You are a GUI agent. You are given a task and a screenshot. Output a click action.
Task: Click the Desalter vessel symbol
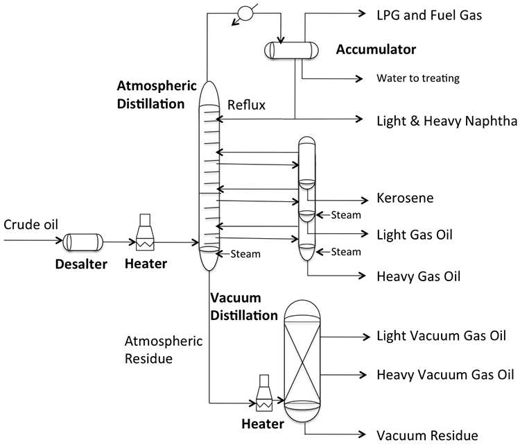[x=83, y=242]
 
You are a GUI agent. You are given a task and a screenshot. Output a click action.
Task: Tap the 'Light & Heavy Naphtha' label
[x=447, y=121]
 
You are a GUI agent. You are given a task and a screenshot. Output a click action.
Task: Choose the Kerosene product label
[x=405, y=198]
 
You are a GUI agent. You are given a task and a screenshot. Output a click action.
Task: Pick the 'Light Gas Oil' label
[x=415, y=234]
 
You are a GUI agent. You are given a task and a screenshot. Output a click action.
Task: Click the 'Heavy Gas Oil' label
[x=418, y=276]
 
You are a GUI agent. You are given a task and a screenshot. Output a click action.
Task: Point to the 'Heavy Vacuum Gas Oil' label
[x=445, y=375]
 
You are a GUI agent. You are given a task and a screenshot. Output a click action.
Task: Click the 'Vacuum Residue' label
[x=427, y=435]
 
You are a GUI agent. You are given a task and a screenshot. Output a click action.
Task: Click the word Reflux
[x=246, y=105]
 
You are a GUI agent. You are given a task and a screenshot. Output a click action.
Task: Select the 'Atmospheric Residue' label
[x=163, y=350]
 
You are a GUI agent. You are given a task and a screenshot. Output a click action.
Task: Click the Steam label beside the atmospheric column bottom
[x=245, y=253]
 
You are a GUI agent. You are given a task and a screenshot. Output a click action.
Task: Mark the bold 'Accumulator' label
[x=376, y=50]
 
